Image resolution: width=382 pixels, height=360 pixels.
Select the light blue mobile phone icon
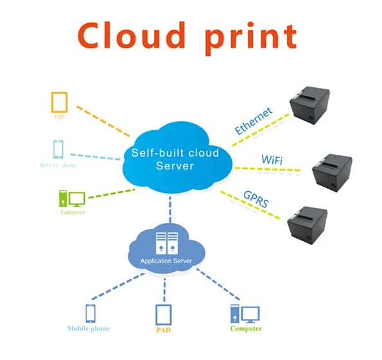[x=58, y=149]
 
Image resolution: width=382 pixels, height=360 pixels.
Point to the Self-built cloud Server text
[x=175, y=159]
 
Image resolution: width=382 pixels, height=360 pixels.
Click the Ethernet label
[x=253, y=120]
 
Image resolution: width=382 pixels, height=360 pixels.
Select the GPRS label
[x=256, y=200]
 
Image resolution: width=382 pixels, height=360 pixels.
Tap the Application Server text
[x=166, y=261]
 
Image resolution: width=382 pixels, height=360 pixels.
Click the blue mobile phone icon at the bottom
[x=91, y=313]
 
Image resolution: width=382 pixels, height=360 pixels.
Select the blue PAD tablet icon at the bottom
[x=164, y=314]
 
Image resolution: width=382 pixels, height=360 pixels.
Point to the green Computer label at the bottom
[x=246, y=329]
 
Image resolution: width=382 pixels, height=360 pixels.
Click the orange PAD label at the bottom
[x=164, y=329]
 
